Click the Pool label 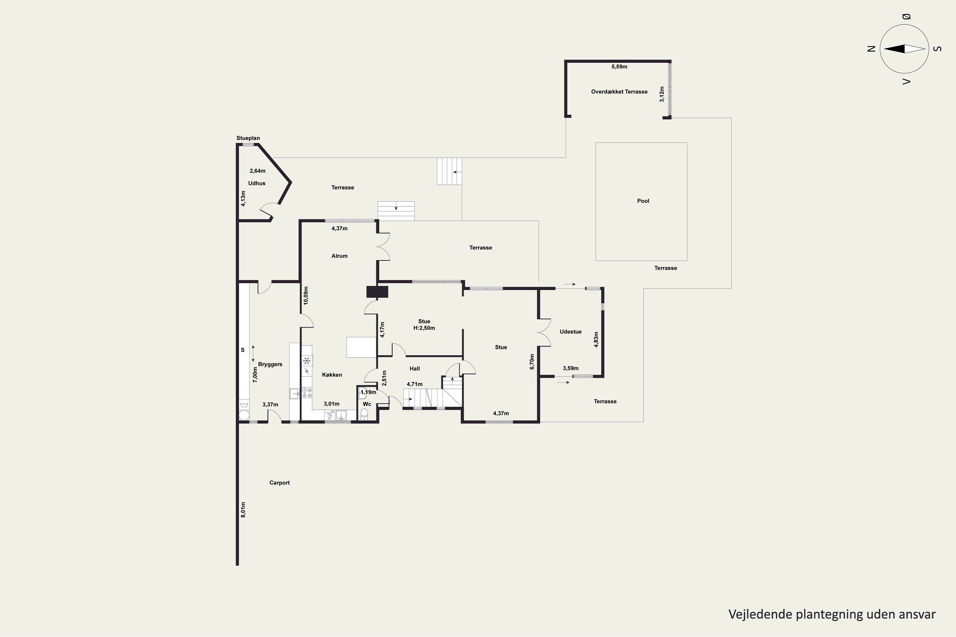click(x=643, y=201)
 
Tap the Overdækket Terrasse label click(x=619, y=92)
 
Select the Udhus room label click(x=257, y=183)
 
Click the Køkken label click(x=332, y=375)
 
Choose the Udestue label click(x=570, y=332)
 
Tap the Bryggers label click(x=270, y=364)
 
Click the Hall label click(x=415, y=369)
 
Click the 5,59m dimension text click(x=619, y=67)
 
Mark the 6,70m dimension click(x=532, y=361)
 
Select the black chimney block click(x=377, y=292)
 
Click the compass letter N click(x=871, y=49)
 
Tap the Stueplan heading click(x=248, y=138)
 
